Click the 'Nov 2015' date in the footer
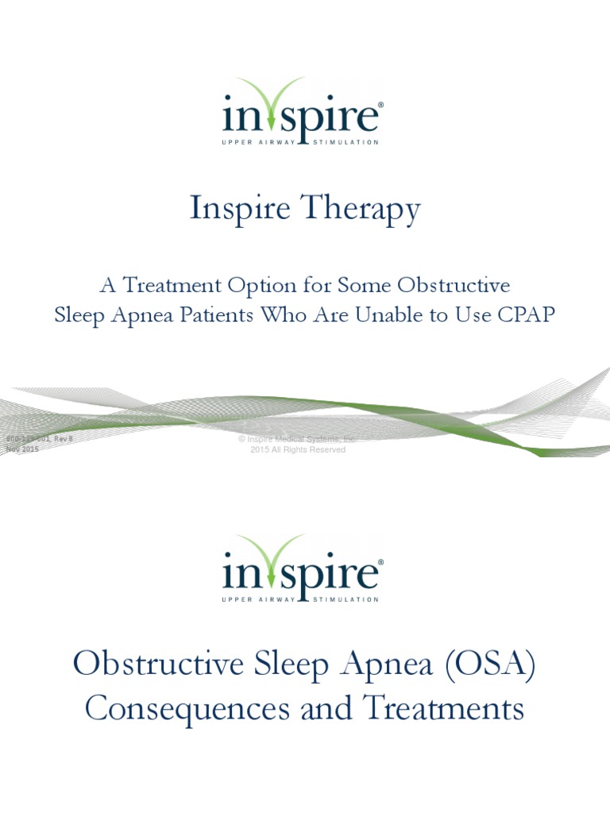21,449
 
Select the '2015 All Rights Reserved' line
298,449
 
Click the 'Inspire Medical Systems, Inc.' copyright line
298,439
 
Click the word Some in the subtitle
362,285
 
